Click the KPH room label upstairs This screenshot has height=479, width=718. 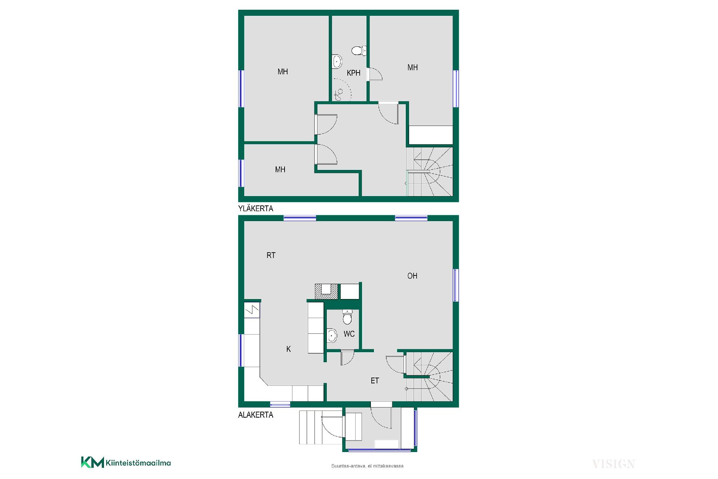point(353,73)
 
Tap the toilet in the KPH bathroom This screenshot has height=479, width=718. point(359,51)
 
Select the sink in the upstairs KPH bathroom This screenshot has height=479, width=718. point(337,62)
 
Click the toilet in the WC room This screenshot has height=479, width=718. point(347,317)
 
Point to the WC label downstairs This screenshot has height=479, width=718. point(349,334)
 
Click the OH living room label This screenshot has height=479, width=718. point(412,276)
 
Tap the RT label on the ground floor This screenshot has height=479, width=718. point(271,255)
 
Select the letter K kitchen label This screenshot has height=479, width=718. point(288,349)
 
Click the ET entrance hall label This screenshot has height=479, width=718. point(375,381)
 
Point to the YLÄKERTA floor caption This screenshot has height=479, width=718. point(256,208)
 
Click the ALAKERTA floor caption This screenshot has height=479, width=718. point(256,415)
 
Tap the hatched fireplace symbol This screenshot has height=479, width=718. point(326,292)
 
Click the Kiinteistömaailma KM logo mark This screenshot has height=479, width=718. point(92,462)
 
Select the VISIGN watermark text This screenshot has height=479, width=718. point(613,464)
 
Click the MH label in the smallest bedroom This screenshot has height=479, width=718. point(280,170)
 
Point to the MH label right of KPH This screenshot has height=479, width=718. point(412,67)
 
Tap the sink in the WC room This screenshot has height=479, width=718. point(332,336)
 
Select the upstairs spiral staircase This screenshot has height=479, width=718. point(430,171)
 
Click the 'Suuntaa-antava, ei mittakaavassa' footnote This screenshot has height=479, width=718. point(367,466)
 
